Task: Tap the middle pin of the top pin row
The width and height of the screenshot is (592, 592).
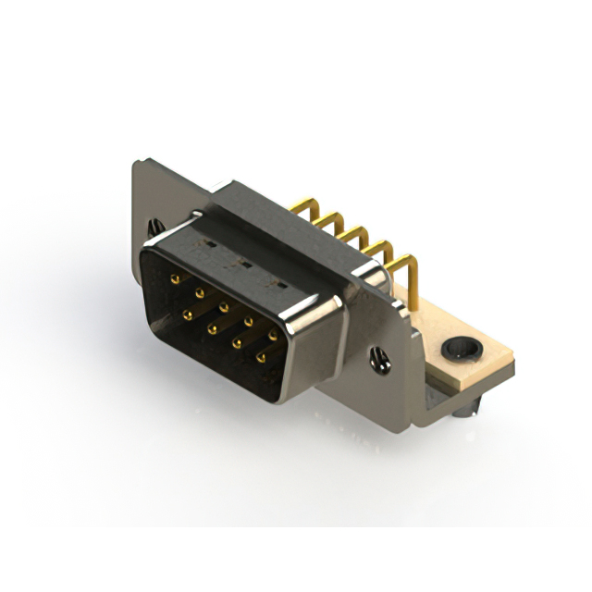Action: tap(224, 302)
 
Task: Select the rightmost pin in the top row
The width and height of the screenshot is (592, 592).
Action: tap(273, 333)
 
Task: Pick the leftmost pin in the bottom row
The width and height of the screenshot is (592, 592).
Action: tap(188, 315)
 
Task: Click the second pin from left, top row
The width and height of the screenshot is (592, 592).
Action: tap(199, 290)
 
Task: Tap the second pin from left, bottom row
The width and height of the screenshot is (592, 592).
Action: tap(212, 328)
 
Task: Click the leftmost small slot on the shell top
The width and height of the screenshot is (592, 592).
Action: tap(210, 244)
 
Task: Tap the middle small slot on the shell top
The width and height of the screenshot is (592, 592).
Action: tap(242, 262)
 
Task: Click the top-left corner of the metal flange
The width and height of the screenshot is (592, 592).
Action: tap(135, 163)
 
